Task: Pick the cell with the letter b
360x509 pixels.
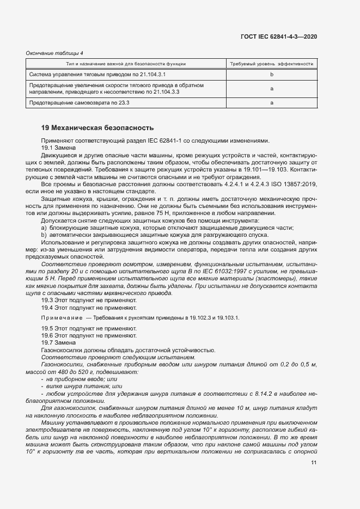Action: (x=271, y=74)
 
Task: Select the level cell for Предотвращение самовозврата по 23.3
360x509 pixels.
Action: (x=271, y=102)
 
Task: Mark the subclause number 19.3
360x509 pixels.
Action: (x=47, y=300)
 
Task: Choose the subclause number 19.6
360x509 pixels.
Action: (x=47, y=335)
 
